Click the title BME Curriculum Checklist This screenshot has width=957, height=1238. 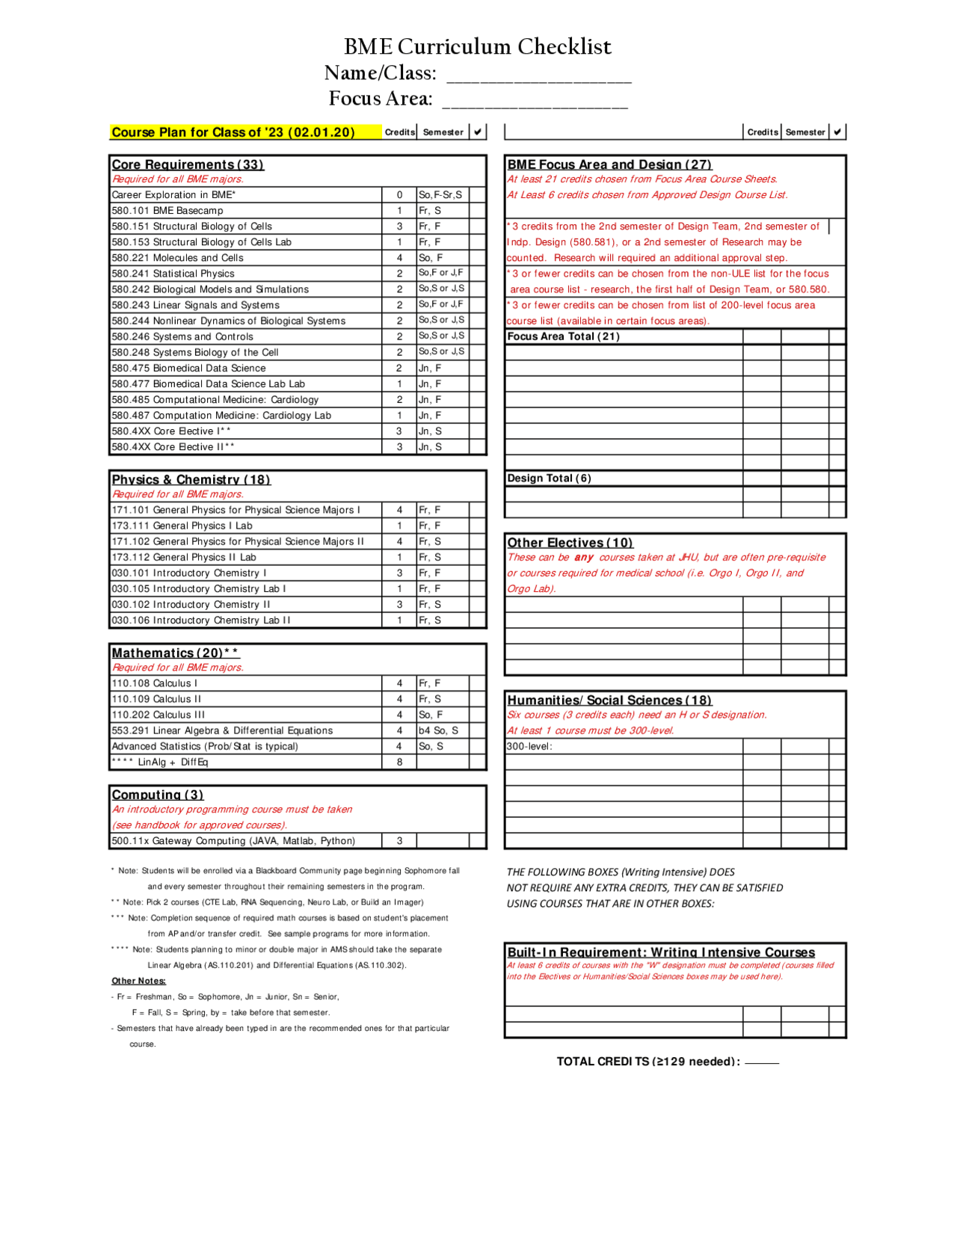pyautogui.click(x=477, y=47)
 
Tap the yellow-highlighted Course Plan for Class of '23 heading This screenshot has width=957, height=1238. pyautogui.click(x=233, y=132)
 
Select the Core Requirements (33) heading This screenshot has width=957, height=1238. pyautogui.click(x=188, y=164)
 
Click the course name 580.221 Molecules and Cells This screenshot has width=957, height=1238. pyautogui.click(x=177, y=258)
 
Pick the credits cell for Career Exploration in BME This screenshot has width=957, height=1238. pyautogui.click(x=399, y=195)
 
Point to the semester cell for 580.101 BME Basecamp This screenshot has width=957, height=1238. pyautogui.click(x=442, y=211)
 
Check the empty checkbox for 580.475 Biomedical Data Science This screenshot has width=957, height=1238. pyautogui.click(x=477, y=369)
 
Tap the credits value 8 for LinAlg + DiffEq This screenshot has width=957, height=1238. pyautogui.click(x=399, y=763)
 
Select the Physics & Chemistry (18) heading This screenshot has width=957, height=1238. pyautogui.click(x=191, y=480)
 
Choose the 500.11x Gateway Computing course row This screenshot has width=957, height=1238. pyautogui.click(x=233, y=841)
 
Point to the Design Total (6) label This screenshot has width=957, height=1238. pyautogui.click(x=549, y=478)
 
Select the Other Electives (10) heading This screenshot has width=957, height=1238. pyautogui.click(x=570, y=543)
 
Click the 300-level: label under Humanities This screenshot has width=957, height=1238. pyautogui.click(x=529, y=746)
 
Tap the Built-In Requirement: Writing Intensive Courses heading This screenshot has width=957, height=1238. pyautogui.click(x=661, y=952)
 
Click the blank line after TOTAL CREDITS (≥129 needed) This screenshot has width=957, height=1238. pyautogui.click(x=762, y=1062)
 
